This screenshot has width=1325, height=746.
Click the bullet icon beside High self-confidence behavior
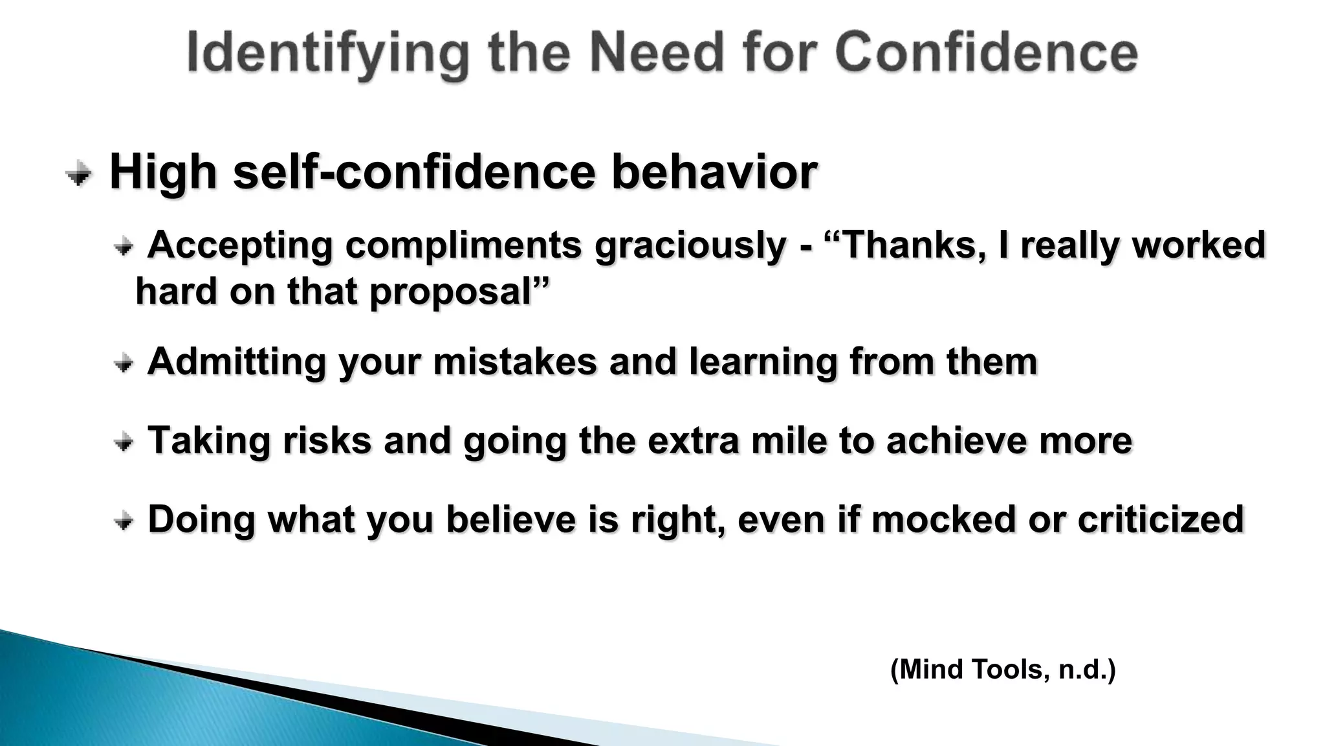pos(79,174)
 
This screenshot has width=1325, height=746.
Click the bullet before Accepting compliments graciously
pos(123,247)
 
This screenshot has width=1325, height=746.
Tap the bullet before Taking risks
pos(123,442)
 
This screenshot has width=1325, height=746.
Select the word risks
pos(327,440)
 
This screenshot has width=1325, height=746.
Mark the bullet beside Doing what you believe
pos(123,521)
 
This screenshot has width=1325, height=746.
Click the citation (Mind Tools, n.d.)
pos(1003,669)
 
